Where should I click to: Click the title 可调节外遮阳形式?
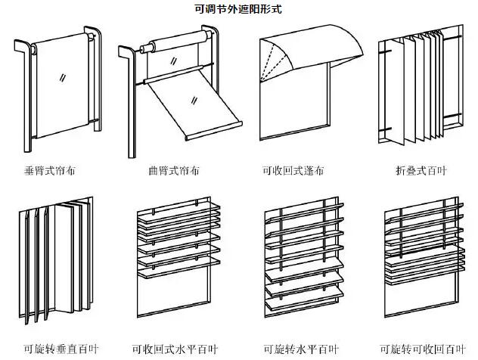[238, 10]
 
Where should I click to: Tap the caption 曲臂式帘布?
[175, 171]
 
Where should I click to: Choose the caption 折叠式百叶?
[421, 171]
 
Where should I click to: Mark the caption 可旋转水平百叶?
[298, 349]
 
